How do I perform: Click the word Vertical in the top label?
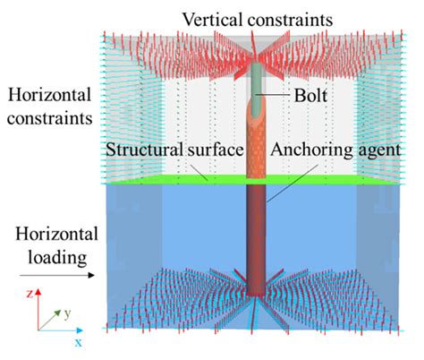210,18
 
